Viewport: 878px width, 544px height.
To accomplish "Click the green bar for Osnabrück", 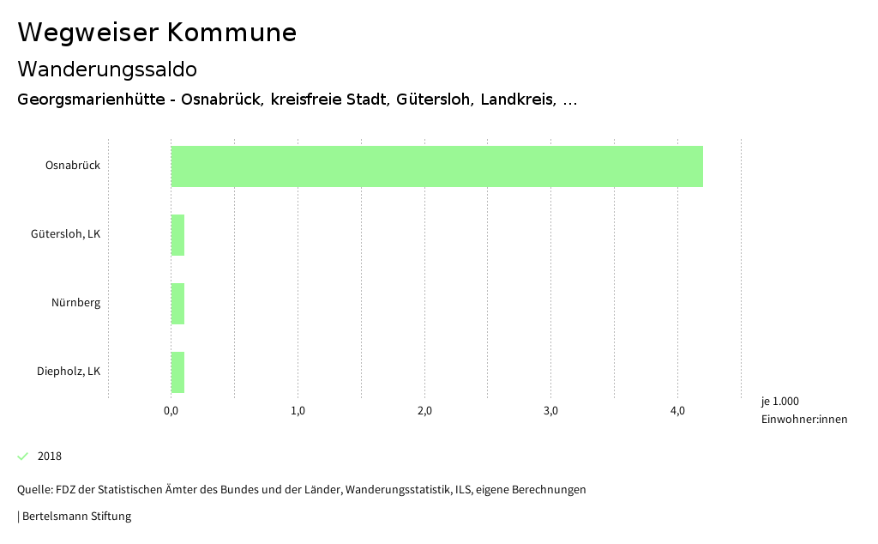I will pyautogui.click(x=436, y=166).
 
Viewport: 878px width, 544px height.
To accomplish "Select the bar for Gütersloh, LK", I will pyautogui.click(x=177, y=235).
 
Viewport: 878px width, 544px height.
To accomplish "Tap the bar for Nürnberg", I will pyautogui.click(x=177, y=304).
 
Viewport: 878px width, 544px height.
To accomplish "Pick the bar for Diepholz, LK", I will pyautogui.click(x=177, y=372).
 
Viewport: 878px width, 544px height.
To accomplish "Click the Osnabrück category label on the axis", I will pyautogui.click(x=73, y=166).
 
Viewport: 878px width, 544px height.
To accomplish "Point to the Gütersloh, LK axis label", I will pyautogui.click(x=65, y=234).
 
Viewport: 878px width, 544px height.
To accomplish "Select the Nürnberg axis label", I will pyautogui.click(x=75, y=303).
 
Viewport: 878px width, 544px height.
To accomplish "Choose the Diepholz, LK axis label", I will pyautogui.click(x=69, y=372).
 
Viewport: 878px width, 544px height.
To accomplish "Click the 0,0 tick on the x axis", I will pyautogui.click(x=171, y=411).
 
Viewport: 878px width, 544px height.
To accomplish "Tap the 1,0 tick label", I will pyautogui.click(x=298, y=411).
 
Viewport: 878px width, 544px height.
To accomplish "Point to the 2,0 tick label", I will pyautogui.click(x=424, y=411).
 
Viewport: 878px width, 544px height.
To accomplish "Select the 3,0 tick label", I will pyautogui.click(x=551, y=411).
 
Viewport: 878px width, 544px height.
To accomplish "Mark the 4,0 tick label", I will pyautogui.click(x=677, y=411).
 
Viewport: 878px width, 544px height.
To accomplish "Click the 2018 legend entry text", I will pyautogui.click(x=50, y=456).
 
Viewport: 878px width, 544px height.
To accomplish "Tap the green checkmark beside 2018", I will pyautogui.click(x=23, y=456).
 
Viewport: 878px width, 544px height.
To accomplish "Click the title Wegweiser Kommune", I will pyautogui.click(x=157, y=33).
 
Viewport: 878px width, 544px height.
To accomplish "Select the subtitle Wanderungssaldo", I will pyautogui.click(x=107, y=69).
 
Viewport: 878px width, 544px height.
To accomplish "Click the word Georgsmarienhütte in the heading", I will pyautogui.click(x=90, y=100).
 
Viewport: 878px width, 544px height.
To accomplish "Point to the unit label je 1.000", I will pyautogui.click(x=780, y=402).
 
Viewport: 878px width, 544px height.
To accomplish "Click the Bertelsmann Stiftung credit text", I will pyautogui.click(x=76, y=517).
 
